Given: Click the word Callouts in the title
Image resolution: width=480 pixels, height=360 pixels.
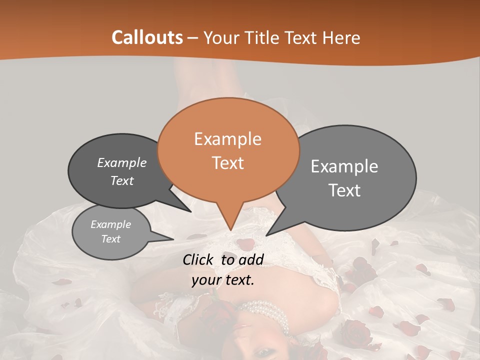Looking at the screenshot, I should point(147,37).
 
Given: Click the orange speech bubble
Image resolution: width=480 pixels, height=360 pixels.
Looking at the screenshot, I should point(228,150).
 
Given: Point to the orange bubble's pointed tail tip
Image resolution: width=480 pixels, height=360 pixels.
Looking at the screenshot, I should point(230,230).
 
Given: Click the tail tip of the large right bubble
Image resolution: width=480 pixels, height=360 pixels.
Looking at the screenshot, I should point(266,235).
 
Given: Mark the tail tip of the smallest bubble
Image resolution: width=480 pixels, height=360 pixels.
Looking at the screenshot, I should point(173,239).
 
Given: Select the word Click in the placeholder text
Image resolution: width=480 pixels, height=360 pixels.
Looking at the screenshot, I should point(199,259).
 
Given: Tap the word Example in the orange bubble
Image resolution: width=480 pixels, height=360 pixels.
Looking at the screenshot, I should point(227,138).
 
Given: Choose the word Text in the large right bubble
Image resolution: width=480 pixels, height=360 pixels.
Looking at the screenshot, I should point(345,190).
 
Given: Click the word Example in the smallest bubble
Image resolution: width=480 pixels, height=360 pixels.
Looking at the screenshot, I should point(110,224).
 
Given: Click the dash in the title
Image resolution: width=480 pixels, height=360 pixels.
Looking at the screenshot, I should point(193,37).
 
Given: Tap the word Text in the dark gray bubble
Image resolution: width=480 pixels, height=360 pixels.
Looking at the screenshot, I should point(121,180).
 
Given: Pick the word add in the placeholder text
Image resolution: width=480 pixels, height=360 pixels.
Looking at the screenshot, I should point(251,259).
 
